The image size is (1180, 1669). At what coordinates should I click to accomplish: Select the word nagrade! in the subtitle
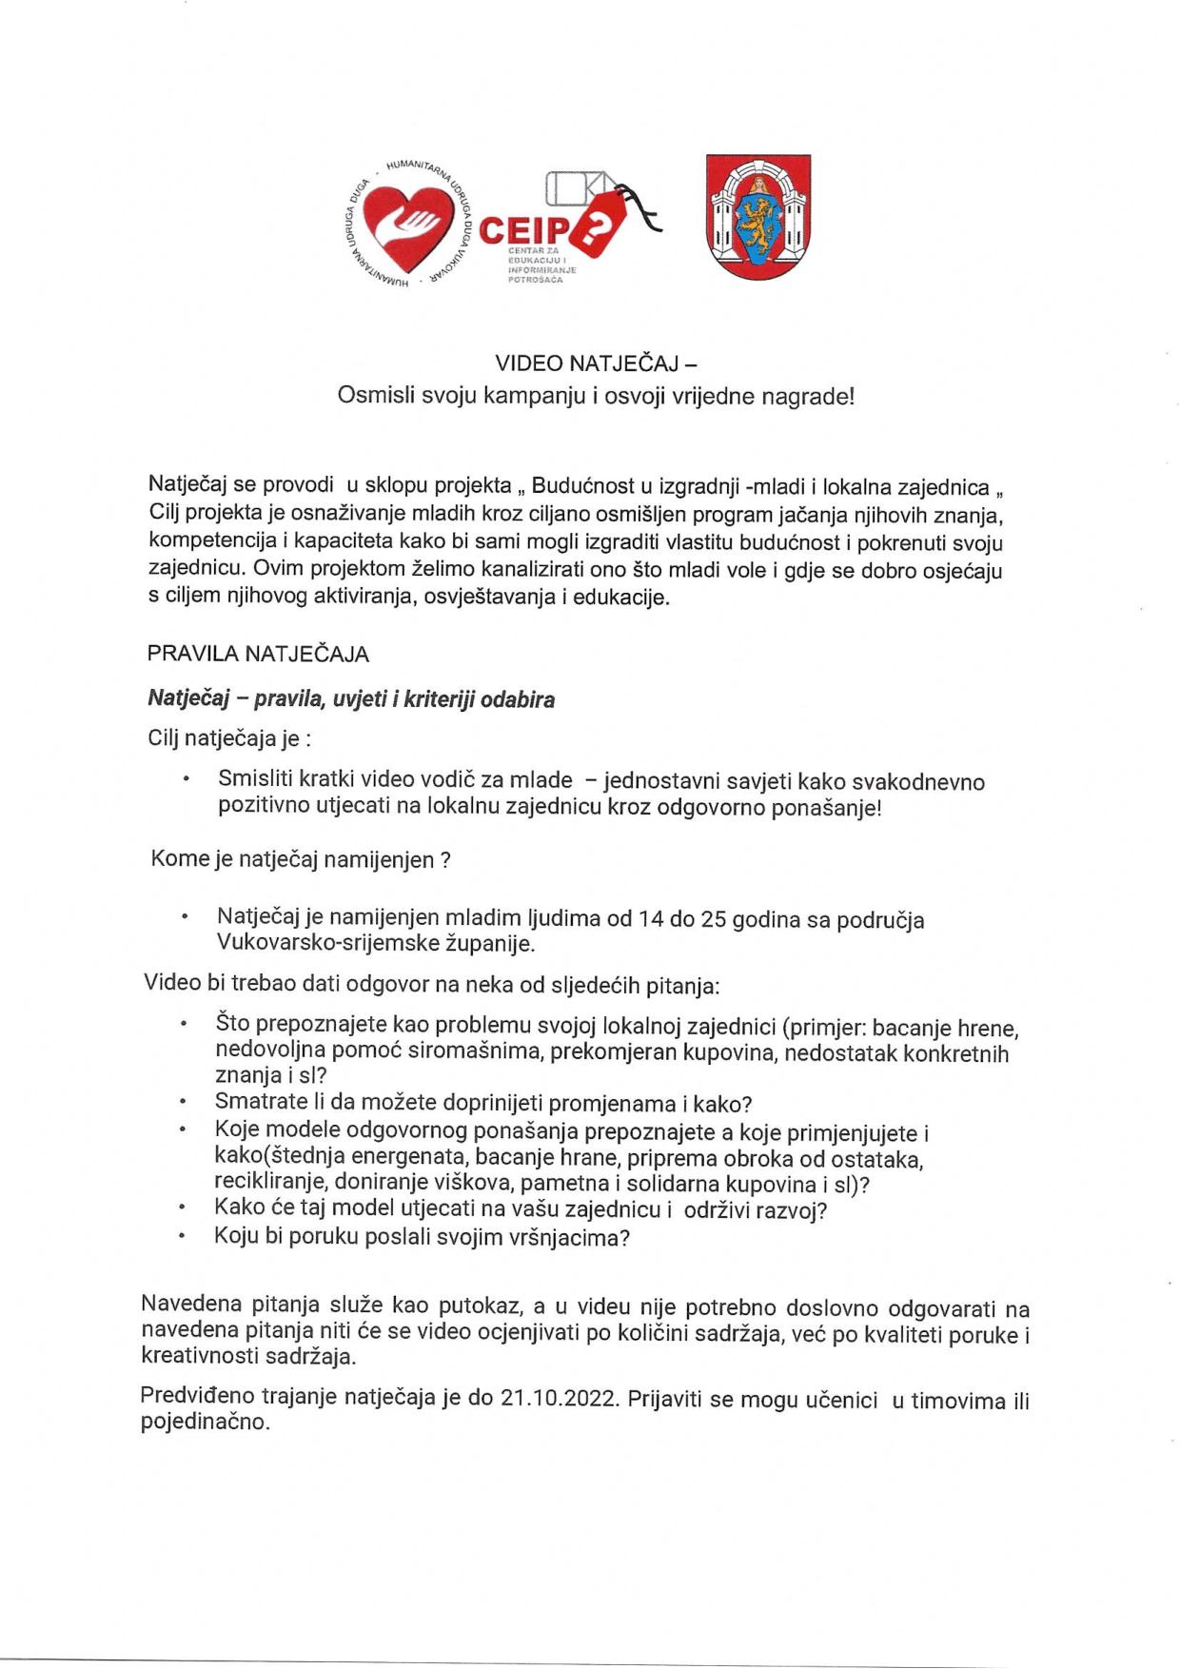pos(808,396)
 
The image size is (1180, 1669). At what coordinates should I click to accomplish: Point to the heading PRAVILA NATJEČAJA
pos(258,654)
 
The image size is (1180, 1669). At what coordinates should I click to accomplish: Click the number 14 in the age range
pos(651,919)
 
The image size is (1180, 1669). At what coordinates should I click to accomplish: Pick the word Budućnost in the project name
pos(580,486)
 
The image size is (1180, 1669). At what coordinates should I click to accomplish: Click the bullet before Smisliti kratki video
pos(186,779)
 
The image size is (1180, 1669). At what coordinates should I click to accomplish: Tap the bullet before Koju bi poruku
pos(182,1237)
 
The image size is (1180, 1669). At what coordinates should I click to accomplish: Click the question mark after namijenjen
pos(444,860)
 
